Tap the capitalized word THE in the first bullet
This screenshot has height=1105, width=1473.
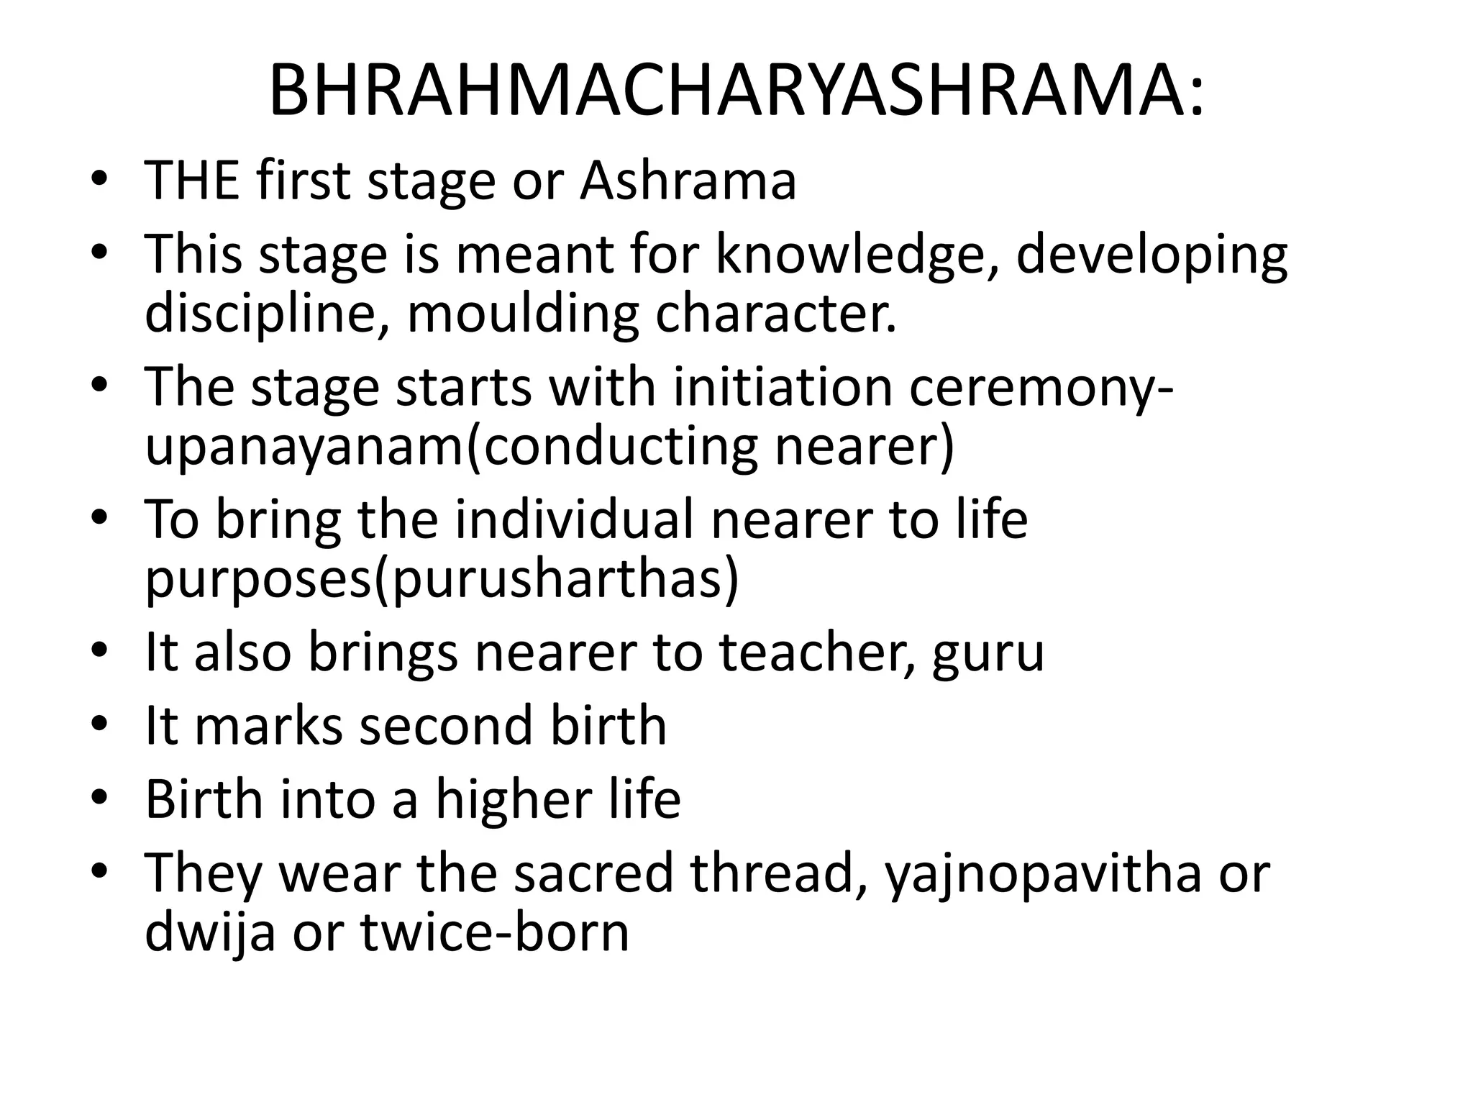(x=191, y=180)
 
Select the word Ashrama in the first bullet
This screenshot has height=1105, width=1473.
(x=688, y=180)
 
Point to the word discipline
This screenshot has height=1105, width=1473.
(x=266, y=314)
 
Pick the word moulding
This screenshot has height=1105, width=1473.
(x=523, y=314)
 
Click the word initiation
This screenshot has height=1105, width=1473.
(x=783, y=387)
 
